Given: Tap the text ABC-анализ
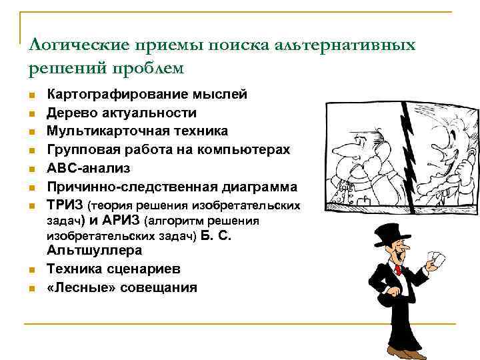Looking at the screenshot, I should [x=88, y=167].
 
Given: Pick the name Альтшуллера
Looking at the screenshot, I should [x=94, y=251].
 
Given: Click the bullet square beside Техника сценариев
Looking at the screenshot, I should [x=32, y=270].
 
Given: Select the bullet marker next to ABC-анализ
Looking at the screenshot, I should [x=32, y=169].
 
